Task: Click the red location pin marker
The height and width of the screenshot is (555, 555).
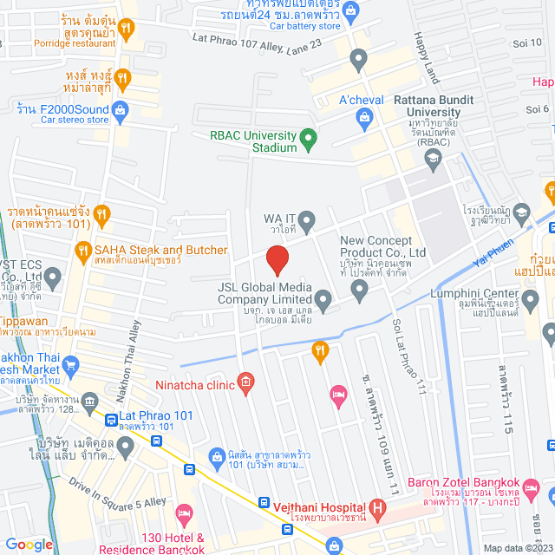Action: tap(277, 260)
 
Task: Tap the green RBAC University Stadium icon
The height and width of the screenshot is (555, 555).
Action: tap(307, 137)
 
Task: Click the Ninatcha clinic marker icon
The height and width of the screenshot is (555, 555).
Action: tap(246, 381)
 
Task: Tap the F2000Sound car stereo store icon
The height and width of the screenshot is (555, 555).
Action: tap(121, 108)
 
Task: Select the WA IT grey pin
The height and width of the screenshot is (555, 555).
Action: tap(307, 218)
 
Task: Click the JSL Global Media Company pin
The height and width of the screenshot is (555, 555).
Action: tap(323, 301)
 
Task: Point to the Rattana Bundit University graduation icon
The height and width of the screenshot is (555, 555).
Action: tap(433, 156)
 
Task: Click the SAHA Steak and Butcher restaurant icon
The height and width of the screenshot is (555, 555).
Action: tap(84, 251)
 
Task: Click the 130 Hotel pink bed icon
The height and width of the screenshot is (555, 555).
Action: tap(183, 513)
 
